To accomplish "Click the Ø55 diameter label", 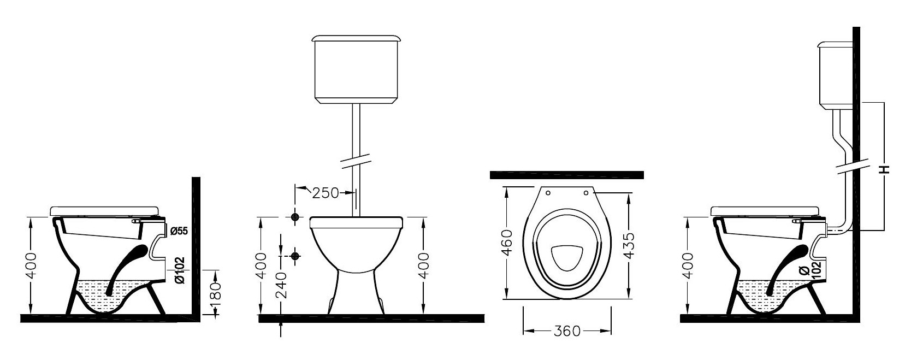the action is pos(179,231).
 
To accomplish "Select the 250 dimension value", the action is pos(326,193).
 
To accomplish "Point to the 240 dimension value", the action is pos(281,285).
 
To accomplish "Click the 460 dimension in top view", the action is pos(507,243).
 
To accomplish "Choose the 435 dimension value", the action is pos(628,246).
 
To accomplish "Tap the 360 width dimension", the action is pos(567,331).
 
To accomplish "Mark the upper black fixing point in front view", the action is pos(295,217).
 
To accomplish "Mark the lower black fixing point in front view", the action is pos(295,256).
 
